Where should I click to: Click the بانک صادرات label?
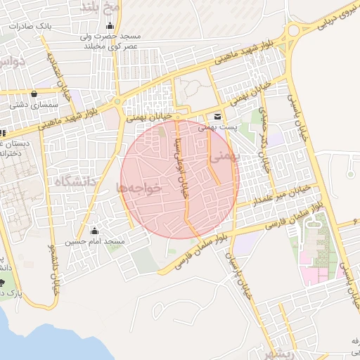(30, 25)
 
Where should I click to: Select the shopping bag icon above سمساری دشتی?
(34, 94)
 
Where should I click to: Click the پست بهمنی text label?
(215, 127)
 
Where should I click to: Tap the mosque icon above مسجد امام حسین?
(94, 231)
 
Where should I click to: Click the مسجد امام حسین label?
(96, 242)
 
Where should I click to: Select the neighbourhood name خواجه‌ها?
(139, 187)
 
